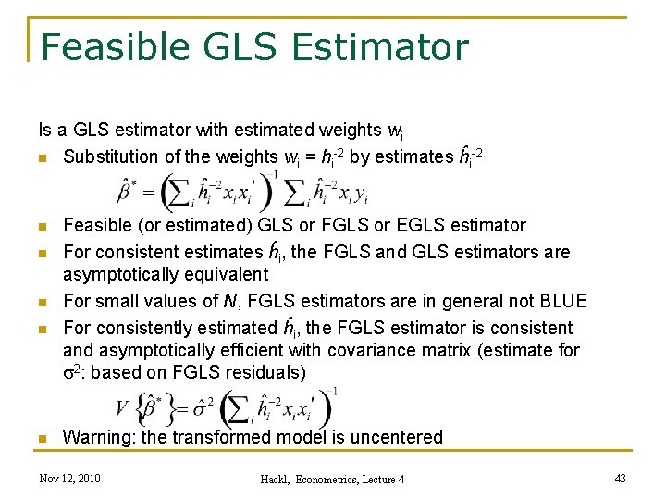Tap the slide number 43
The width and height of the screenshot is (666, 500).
click(x=620, y=478)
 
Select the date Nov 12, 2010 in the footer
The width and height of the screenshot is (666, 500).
click(x=70, y=479)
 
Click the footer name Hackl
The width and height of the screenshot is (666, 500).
click(x=278, y=480)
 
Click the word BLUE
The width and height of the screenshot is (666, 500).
click(x=563, y=302)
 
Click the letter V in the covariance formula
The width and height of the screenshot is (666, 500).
click(x=121, y=407)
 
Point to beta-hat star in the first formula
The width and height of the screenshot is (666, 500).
click(x=126, y=193)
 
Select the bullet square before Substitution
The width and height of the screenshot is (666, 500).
click(x=43, y=158)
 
